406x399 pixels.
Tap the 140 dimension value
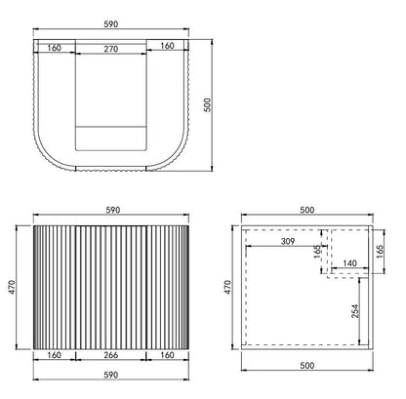pyautogui.click(x=347, y=262)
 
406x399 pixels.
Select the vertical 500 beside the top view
pyautogui.click(x=205, y=105)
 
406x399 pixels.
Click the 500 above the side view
pyautogui.click(x=305, y=208)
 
